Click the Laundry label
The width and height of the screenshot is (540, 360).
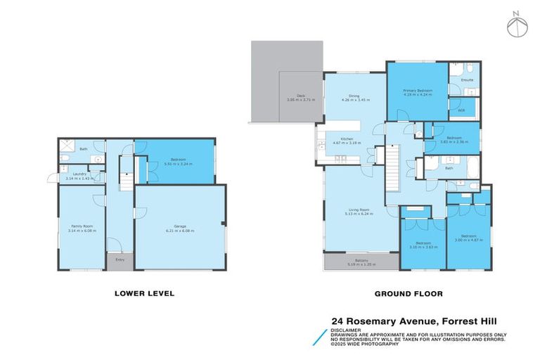pyautogui.click(x=75, y=176)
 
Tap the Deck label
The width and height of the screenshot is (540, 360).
pyautogui.click(x=300, y=96)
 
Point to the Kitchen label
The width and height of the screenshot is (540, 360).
pyautogui.click(x=347, y=140)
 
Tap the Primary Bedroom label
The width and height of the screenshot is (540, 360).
pyautogui.click(x=418, y=91)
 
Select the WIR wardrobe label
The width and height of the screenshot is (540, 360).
pyautogui.click(x=461, y=110)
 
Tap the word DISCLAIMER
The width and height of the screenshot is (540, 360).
pyautogui.click(x=348, y=329)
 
